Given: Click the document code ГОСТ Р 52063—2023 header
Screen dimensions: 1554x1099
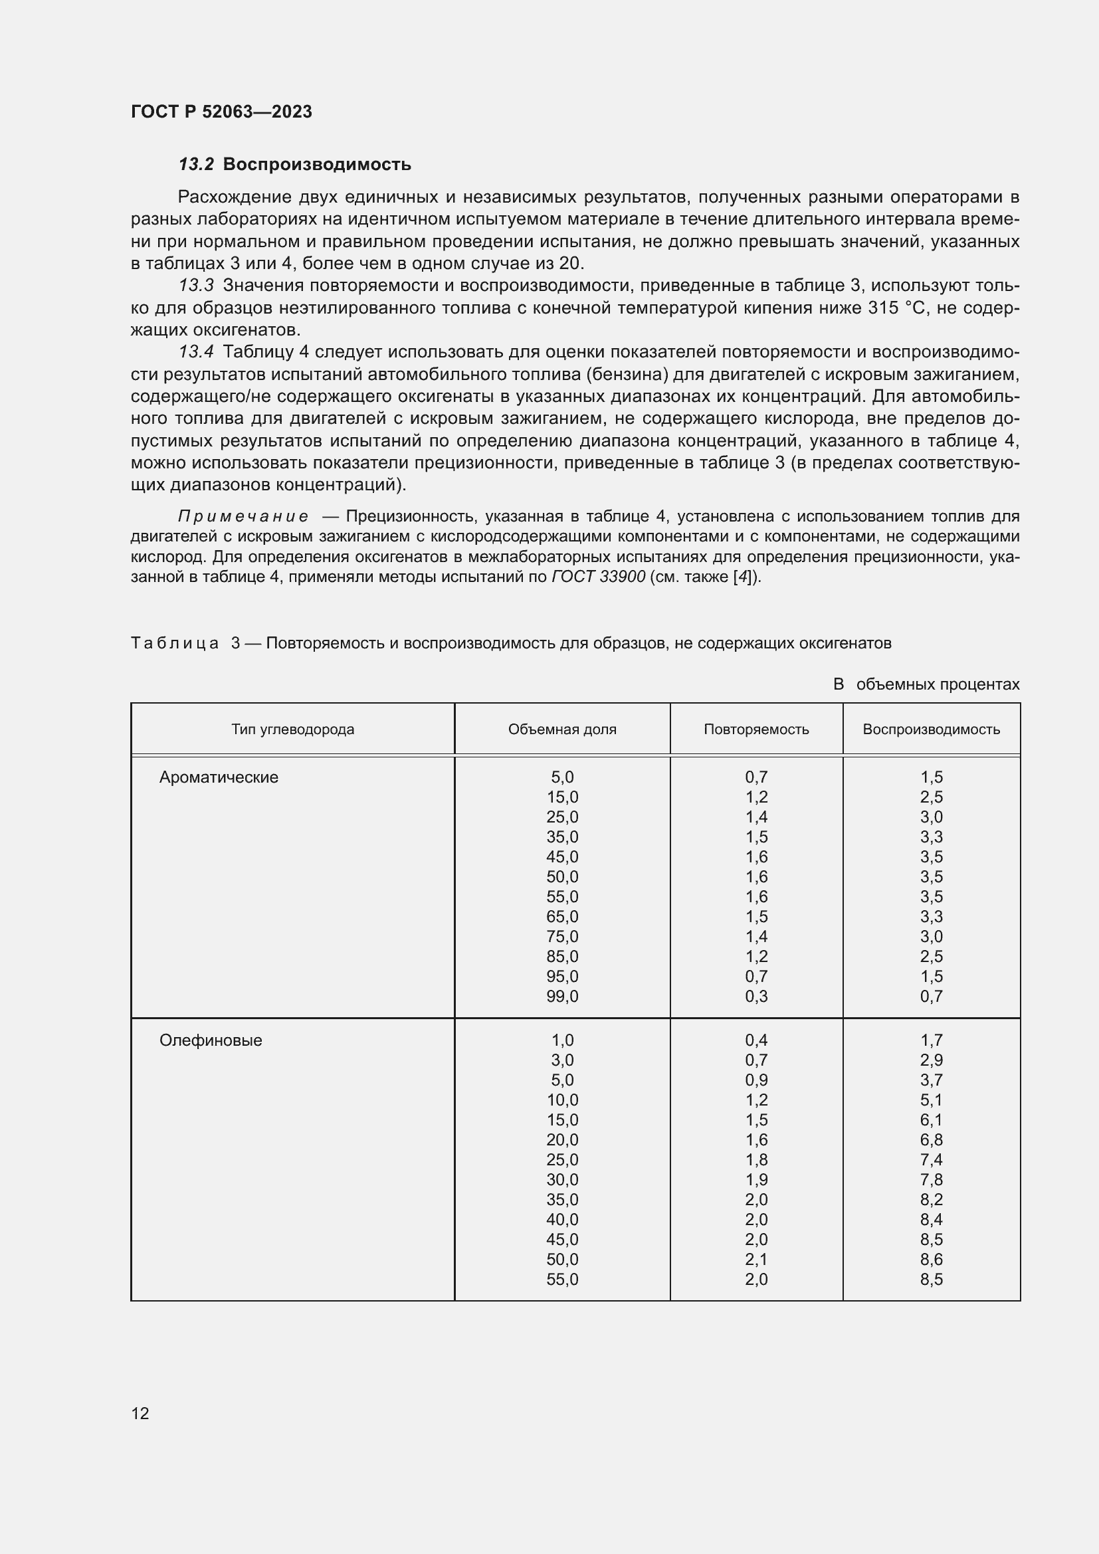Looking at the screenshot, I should pyautogui.click(x=221, y=112).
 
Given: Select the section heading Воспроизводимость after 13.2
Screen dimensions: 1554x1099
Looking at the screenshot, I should pyautogui.click(x=317, y=165).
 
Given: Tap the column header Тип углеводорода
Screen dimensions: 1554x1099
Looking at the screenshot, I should pyautogui.click(x=292, y=729).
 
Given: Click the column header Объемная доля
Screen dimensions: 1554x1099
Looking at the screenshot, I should pyautogui.click(x=561, y=729).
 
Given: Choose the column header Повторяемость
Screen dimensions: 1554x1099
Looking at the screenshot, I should pyautogui.click(x=756, y=729).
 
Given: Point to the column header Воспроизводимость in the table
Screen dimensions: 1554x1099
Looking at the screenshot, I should pyautogui.click(x=931, y=729).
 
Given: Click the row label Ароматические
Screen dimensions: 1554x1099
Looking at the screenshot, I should pyautogui.click(x=219, y=777).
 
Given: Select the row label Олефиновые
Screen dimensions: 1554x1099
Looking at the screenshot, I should pyautogui.click(x=211, y=1040).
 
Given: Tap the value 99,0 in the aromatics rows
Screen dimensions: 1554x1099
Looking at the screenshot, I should pyautogui.click(x=561, y=997).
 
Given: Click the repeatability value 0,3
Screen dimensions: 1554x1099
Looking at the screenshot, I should pyautogui.click(x=756, y=997).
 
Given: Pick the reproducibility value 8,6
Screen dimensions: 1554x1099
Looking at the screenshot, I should pyautogui.click(x=931, y=1260).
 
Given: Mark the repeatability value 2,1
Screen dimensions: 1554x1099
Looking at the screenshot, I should pyautogui.click(x=756, y=1260).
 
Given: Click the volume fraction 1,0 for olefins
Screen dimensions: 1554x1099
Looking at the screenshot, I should pyautogui.click(x=561, y=1040).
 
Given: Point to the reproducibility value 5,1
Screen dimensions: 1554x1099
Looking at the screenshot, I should pyautogui.click(x=931, y=1100).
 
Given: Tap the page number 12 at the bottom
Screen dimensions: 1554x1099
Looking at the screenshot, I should pyautogui.click(x=140, y=1413).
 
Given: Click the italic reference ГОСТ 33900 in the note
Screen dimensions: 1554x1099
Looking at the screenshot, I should pyautogui.click(x=598, y=577).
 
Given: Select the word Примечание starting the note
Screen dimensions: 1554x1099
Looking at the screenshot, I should pyautogui.click(x=243, y=516).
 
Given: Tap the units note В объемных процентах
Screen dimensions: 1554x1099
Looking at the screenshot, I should pyautogui.click(x=926, y=684).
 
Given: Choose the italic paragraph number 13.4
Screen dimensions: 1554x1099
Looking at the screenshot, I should pyautogui.click(x=196, y=352).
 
